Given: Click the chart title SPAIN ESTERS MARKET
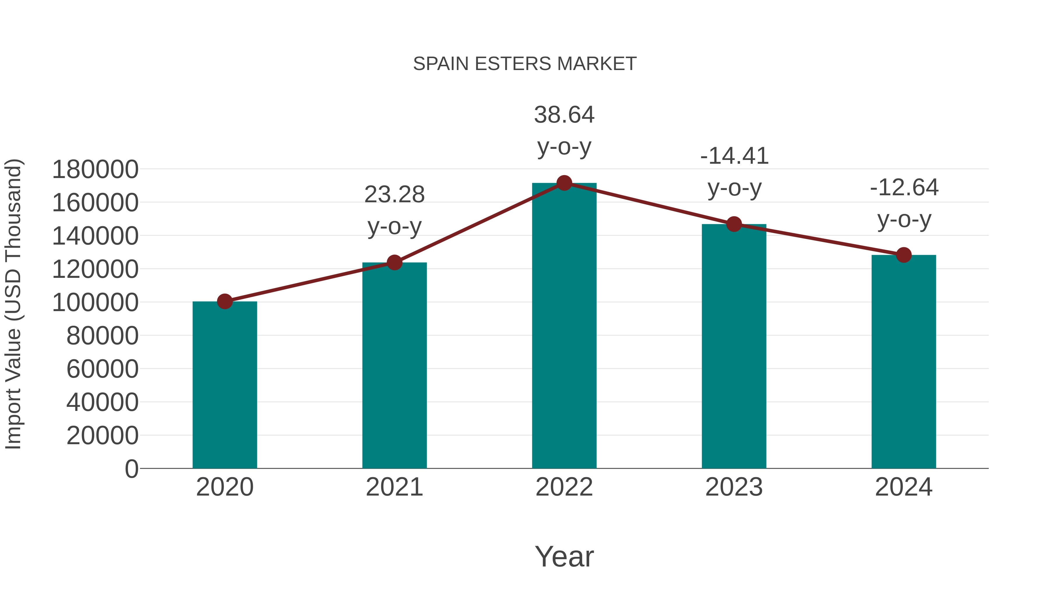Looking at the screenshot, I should tap(525, 64).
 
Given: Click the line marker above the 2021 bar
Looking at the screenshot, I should tap(394, 262).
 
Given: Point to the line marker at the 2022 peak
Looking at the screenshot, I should tap(564, 183).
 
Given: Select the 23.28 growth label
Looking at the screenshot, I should tap(394, 195).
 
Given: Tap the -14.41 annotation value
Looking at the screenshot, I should tap(734, 156).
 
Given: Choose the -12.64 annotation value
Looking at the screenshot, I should tap(904, 188).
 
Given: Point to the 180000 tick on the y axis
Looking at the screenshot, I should tap(95, 170).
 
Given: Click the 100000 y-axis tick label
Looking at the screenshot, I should tap(95, 303).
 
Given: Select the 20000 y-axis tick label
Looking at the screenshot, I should tap(102, 436).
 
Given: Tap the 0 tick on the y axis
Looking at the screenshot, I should tap(132, 469).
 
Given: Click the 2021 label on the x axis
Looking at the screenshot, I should tap(394, 487).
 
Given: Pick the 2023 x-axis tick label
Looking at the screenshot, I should tap(734, 487).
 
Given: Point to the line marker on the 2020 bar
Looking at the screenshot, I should tap(225, 301).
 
